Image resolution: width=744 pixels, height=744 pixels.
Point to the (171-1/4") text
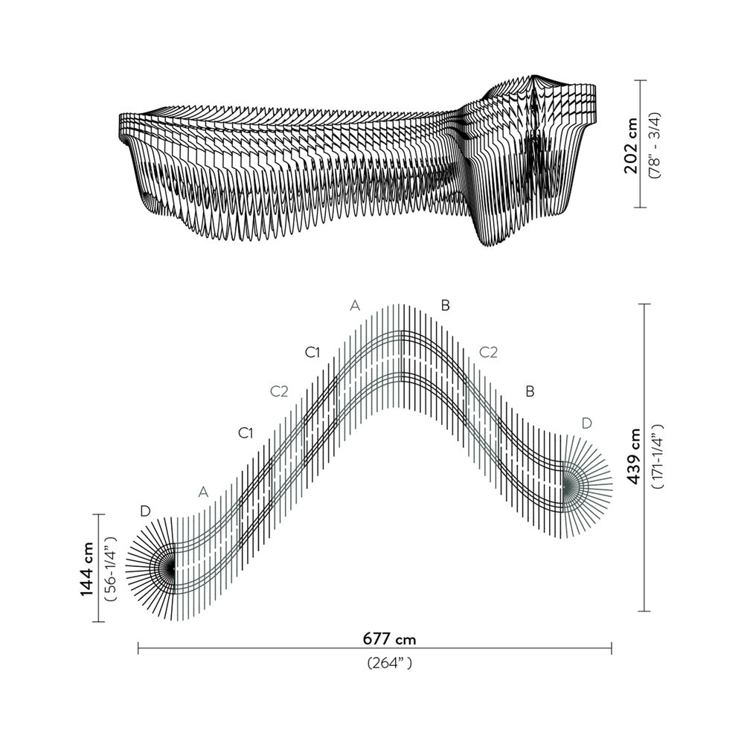pos(656,456)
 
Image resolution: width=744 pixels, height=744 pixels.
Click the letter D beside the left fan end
pos(145,511)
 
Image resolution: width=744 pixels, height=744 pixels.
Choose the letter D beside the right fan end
pos(587,423)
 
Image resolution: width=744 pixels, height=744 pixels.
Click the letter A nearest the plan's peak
pos(355,306)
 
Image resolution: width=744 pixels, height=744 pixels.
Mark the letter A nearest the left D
pos(204,492)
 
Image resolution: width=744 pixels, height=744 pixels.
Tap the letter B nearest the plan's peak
pos(445,305)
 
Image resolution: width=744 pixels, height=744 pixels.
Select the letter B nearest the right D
pos(530,391)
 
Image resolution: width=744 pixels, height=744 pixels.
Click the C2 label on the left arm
pos(279,392)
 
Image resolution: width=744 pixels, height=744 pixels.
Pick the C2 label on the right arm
pos(488,352)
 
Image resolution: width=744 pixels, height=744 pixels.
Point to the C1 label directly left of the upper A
pos(312,353)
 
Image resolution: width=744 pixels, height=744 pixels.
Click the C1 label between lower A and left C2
pos(246,433)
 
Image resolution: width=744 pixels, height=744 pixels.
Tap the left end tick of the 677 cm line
pos(138,649)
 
